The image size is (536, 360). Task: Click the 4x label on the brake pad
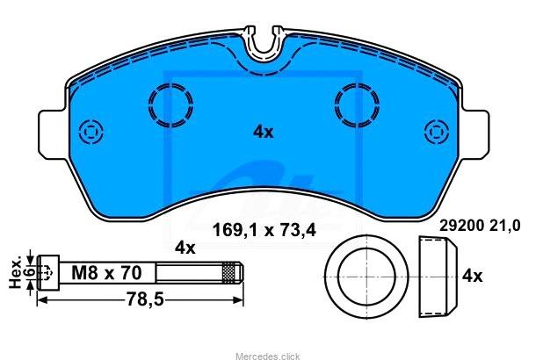point(264,132)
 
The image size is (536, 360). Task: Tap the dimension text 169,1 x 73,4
point(264,230)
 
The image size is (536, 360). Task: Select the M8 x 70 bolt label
point(106,273)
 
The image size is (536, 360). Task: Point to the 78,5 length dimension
point(145,299)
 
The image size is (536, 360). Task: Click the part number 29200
point(461,226)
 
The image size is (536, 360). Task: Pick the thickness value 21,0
point(504,226)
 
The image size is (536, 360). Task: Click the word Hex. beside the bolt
point(15,272)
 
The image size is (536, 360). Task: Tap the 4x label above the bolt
point(185,248)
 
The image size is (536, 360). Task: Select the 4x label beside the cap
point(472,276)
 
